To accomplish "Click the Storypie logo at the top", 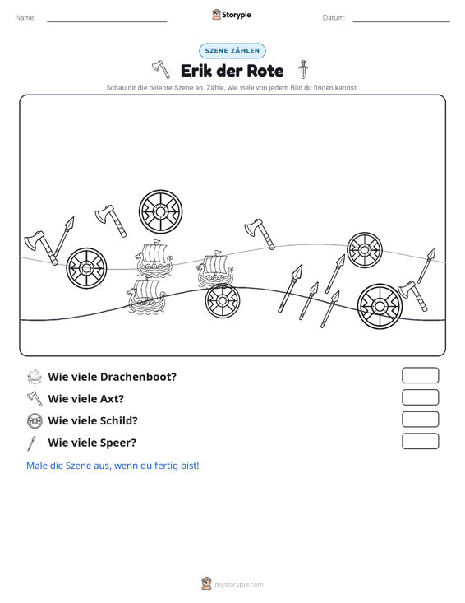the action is pos(232,15).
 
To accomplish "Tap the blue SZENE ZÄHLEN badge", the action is pos(232,51).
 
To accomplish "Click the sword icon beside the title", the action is pos(303,69).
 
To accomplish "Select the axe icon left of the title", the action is pos(161,69).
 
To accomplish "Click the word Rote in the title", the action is pos(265,71).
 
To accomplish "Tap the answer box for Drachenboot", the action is pos(420,375).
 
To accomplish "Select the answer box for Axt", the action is pos(420,397).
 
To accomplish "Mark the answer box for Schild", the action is pos(420,420).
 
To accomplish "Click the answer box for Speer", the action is pos(420,441).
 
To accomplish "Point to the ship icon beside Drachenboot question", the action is pos(35,377).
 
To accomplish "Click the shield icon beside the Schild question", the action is pos(35,420).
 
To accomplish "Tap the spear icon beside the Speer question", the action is pos(31,443).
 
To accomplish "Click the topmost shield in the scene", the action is pos(160,211).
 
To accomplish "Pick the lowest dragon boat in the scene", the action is pos(146,296).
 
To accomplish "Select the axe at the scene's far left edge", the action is pos(41,248).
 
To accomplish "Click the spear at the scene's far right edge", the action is pos(426,266).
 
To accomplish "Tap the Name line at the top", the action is pos(107,21).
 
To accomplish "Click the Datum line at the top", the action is pos(401,21).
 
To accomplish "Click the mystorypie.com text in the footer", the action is pos(239,585).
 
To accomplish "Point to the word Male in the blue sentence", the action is pos(36,466).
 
